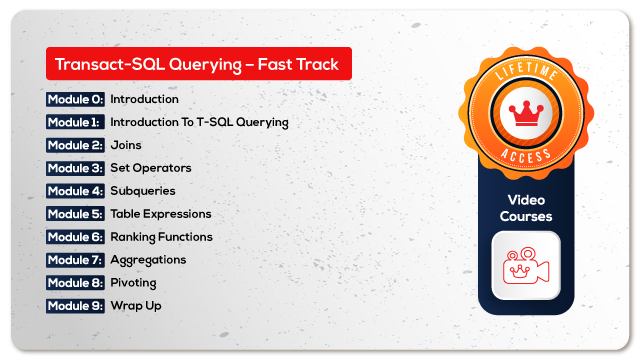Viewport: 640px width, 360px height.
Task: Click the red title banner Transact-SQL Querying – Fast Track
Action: coord(198,64)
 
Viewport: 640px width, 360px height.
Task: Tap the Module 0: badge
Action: coord(75,99)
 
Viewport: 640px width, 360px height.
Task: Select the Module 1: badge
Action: coord(75,122)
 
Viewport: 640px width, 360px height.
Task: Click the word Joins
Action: coord(125,145)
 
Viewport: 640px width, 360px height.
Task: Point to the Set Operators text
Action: coord(150,168)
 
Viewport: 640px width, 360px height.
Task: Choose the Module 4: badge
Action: coord(75,191)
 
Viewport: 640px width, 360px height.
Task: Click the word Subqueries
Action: coord(142,191)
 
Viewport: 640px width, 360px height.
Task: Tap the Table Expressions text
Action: coord(160,214)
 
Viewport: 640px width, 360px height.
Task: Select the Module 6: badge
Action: coord(75,237)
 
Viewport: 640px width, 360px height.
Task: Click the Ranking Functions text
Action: coord(161,237)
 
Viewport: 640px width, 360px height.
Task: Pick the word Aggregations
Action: coord(147,260)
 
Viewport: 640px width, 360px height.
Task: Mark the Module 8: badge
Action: coord(75,283)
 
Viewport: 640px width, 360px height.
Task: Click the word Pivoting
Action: coord(133,283)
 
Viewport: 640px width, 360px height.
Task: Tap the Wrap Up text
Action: coord(135,306)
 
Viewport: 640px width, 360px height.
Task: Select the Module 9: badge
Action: coord(75,306)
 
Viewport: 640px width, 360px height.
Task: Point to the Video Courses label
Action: coord(525,206)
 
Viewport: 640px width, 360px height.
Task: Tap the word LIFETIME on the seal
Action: coord(525,66)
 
